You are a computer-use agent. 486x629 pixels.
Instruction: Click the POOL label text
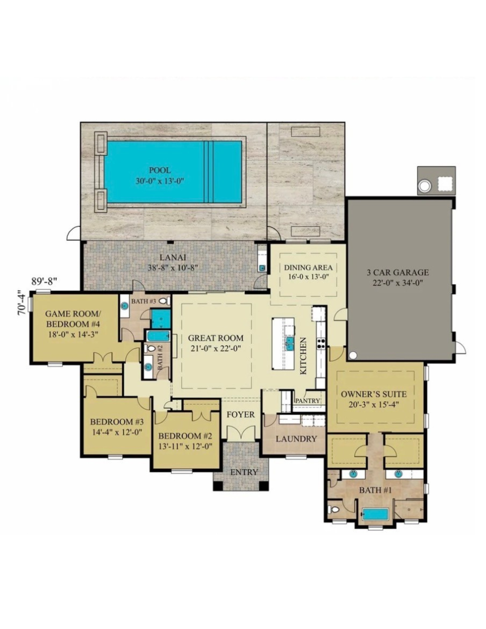160,170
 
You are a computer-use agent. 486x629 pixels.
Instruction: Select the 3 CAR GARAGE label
398,272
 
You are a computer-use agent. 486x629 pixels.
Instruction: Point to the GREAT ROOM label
215,338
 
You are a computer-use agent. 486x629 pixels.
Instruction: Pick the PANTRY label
308,401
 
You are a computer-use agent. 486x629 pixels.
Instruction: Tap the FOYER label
241,414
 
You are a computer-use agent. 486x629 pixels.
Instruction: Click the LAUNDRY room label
296,439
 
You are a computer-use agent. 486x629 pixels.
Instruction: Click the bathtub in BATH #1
375,514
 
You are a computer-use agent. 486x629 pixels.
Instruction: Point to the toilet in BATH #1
334,509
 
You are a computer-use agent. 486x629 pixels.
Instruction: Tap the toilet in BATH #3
163,301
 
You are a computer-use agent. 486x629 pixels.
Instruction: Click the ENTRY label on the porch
244,472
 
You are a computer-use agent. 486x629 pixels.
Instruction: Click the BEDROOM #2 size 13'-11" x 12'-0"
185,446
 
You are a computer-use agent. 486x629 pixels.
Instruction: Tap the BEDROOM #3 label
117,422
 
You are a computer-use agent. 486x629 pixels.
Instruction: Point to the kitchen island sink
289,343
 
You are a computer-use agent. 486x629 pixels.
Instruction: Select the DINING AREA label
308,267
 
